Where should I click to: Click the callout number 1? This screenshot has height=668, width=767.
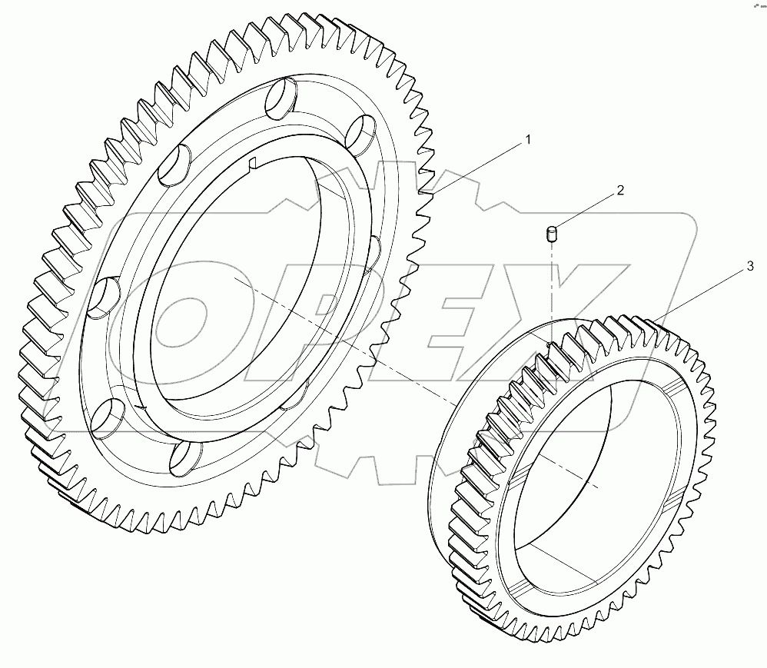click(x=528, y=140)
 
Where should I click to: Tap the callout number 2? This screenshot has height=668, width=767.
click(x=619, y=190)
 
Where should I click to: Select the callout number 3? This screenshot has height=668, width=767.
click(x=749, y=267)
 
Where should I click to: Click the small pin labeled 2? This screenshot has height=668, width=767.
click(x=551, y=234)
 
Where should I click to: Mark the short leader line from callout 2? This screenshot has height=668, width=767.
click(x=587, y=210)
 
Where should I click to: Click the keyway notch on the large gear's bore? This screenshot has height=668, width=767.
click(x=254, y=161)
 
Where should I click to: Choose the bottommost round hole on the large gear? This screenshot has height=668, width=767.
click(x=184, y=457)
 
